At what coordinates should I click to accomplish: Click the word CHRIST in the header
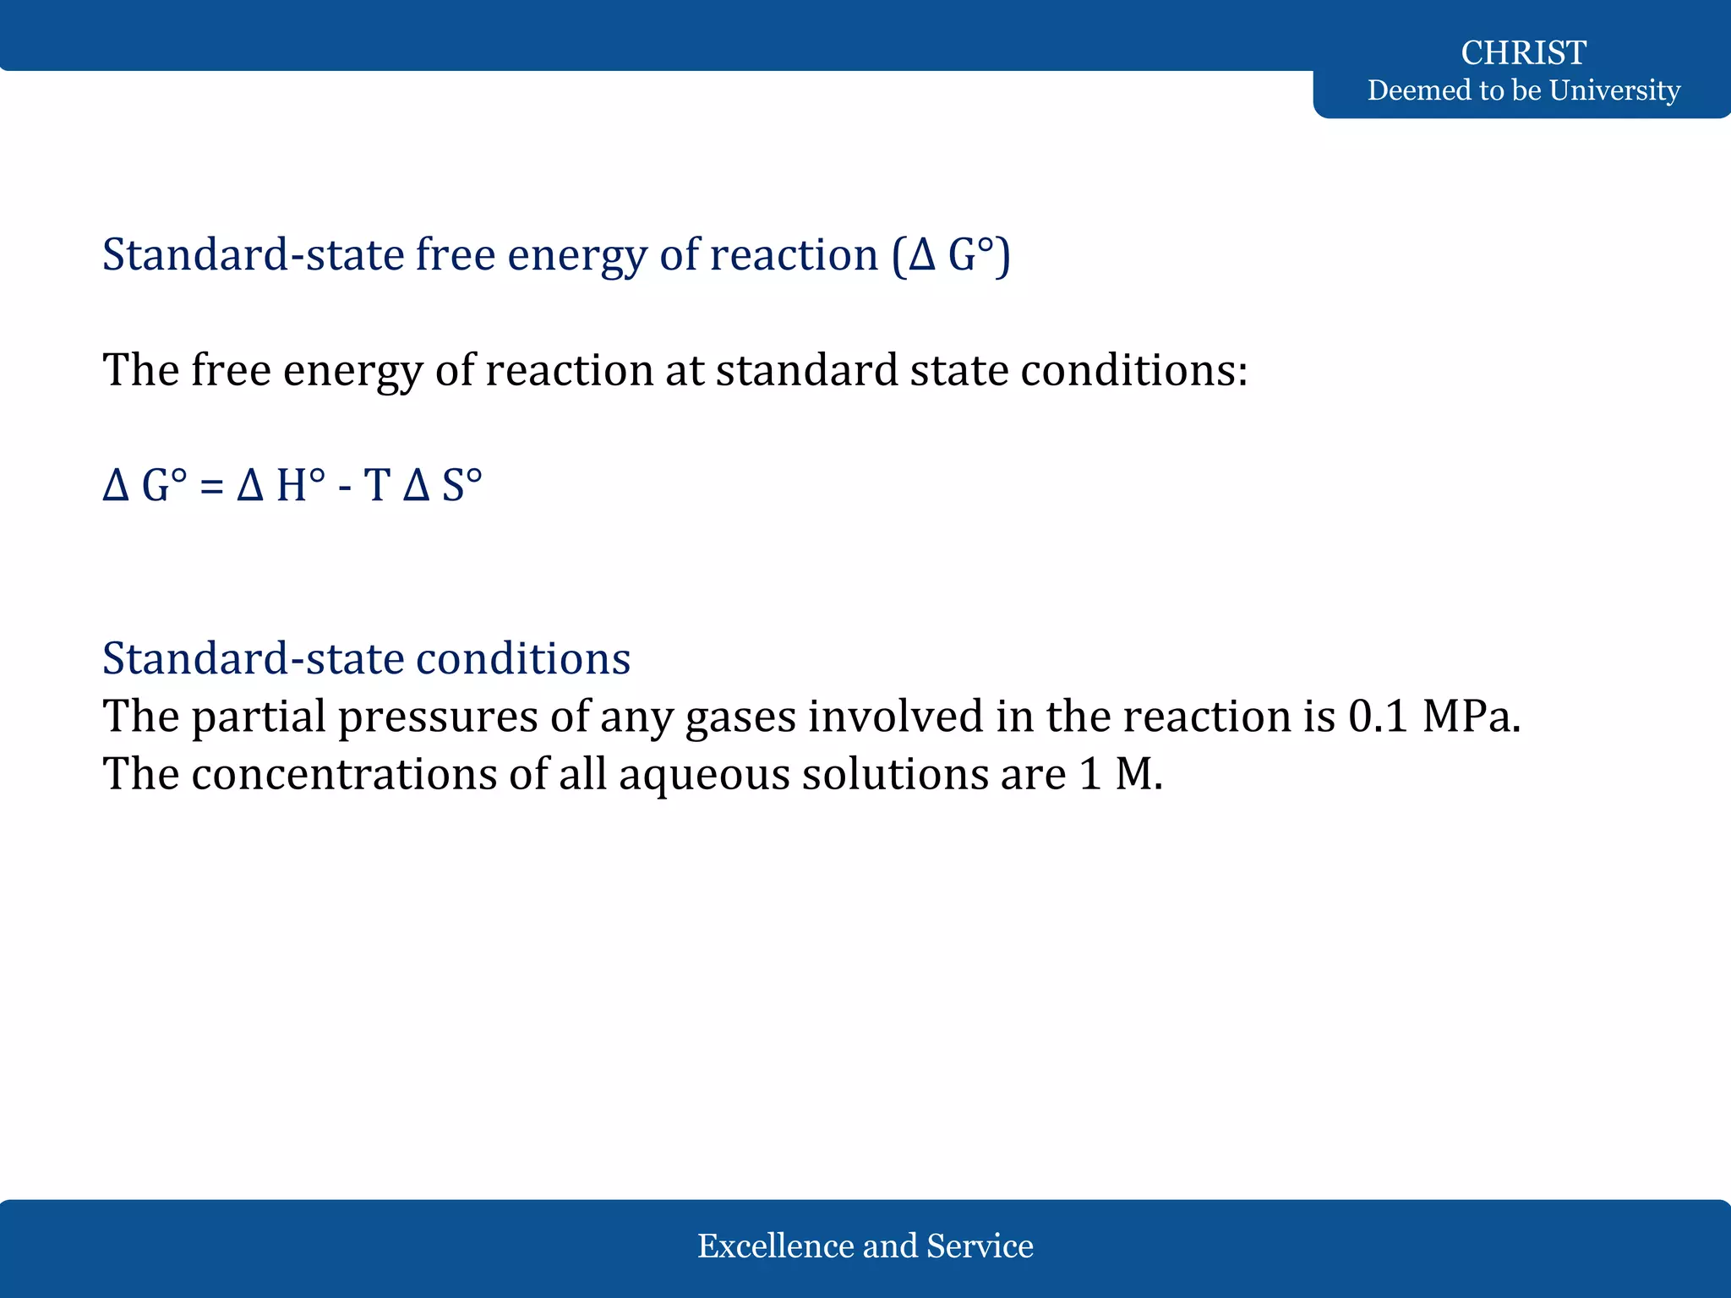[x=1523, y=53]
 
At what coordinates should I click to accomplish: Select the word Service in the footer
[x=980, y=1246]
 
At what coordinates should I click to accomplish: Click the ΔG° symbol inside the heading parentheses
[x=952, y=255]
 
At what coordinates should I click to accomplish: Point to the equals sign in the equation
[x=211, y=488]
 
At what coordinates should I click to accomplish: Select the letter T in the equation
[x=376, y=487]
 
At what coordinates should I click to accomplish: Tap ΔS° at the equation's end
[x=442, y=487]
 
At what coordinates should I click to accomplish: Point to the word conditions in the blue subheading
[x=523, y=659]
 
